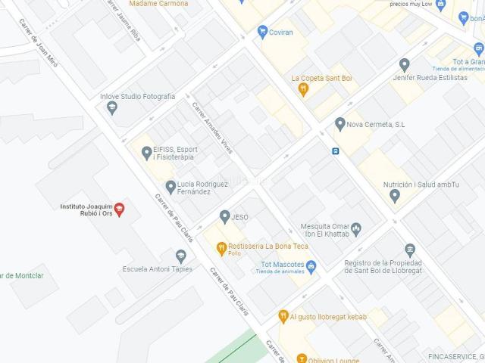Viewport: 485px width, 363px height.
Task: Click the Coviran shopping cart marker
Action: coord(263,31)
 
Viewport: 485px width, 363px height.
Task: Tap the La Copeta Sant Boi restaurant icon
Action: coord(303,89)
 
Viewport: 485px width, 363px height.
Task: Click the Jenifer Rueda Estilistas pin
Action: coord(405,65)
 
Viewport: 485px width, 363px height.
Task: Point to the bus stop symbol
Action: coord(334,150)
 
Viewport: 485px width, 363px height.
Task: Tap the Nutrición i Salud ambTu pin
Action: coord(394,196)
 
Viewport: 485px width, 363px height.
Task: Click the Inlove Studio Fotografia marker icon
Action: coord(112,108)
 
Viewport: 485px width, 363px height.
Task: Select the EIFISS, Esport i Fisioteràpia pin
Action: coord(146,153)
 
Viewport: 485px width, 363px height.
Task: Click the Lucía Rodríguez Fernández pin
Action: coord(170,186)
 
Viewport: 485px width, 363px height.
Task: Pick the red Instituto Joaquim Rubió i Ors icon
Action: coord(119,209)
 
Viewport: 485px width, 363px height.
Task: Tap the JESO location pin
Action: coord(224,216)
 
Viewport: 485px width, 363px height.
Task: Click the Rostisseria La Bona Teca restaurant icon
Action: coord(221,247)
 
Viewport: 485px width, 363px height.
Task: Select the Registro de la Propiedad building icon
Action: coord(410,250)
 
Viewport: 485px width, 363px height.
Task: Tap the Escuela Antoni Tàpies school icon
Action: coord(180,268)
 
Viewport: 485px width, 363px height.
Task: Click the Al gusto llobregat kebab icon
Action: coord(283,315)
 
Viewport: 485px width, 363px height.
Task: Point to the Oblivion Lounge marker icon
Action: coord(302,358)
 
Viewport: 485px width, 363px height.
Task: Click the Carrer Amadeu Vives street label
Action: coord(214,128)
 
